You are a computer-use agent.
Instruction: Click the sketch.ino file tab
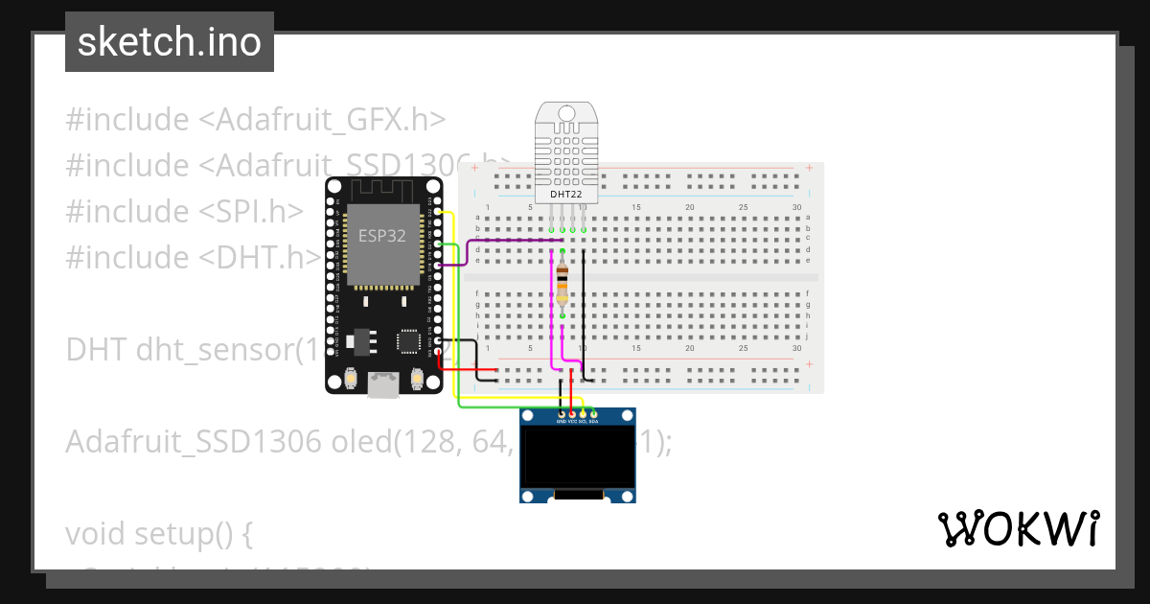pos(169,42)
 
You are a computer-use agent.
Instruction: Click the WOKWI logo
pos(1018,529)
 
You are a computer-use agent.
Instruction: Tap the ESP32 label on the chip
pos(380,237)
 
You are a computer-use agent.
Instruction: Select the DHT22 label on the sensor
pos(565,195)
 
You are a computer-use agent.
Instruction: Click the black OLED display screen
pos(578,455)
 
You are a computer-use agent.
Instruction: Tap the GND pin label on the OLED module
pos(562,421)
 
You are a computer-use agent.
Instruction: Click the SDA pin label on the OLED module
pos(593,421)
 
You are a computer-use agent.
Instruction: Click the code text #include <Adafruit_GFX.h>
pos(256,120)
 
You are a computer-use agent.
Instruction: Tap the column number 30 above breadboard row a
pos(797,207)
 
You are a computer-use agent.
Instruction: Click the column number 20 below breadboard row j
pos(690,348)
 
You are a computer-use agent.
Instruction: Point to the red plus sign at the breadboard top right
pos(810,168)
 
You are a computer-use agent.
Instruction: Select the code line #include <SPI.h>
pos(184,212)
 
